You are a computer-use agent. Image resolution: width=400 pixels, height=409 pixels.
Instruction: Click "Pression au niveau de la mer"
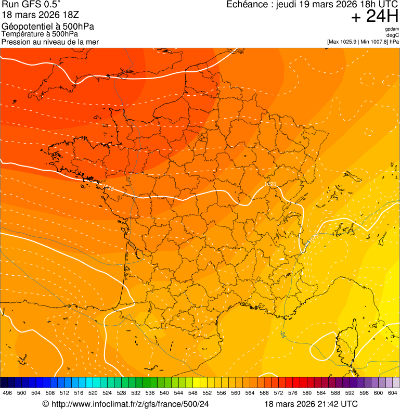coord(50,42)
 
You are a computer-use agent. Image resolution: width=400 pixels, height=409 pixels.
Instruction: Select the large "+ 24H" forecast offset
coord(375,17)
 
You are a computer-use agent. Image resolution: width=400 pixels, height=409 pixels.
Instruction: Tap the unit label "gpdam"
coord(392,29)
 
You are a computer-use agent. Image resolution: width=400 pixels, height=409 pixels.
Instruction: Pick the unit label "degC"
coord(393,35)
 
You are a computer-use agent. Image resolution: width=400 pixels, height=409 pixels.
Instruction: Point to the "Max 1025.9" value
coord(343,42)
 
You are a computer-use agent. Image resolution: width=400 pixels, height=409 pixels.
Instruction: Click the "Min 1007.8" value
coord(373,42)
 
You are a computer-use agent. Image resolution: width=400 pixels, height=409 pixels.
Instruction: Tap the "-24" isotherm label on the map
coord(283,334)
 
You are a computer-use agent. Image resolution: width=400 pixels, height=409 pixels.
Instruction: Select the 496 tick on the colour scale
coord(7,393)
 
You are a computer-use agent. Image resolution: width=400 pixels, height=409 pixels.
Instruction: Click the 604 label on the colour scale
coord(393,393)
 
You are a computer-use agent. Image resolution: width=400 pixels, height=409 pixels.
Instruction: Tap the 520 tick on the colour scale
coord(93,393)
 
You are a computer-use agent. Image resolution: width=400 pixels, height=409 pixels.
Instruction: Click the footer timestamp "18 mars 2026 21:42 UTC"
coord(311,404)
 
